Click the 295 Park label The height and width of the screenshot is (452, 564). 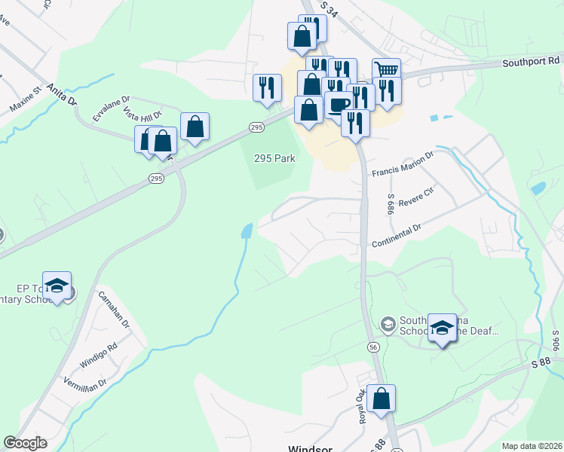[x=274, y=159]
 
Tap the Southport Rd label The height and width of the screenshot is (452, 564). [x=532, y=60]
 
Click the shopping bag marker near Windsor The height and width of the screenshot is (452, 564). [x=382, y=398]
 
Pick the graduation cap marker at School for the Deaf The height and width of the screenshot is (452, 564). [x=442, y=326]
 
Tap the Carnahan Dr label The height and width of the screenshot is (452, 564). [x=115, y=308]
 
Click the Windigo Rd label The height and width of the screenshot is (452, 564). [x=102, y=356]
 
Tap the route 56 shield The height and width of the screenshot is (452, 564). [x=373, y=347]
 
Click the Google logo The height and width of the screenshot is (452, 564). [x=26, y=442]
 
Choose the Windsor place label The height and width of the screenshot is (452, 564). [x=311, y=448]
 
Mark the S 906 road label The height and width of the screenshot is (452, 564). [x=556, y=342]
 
